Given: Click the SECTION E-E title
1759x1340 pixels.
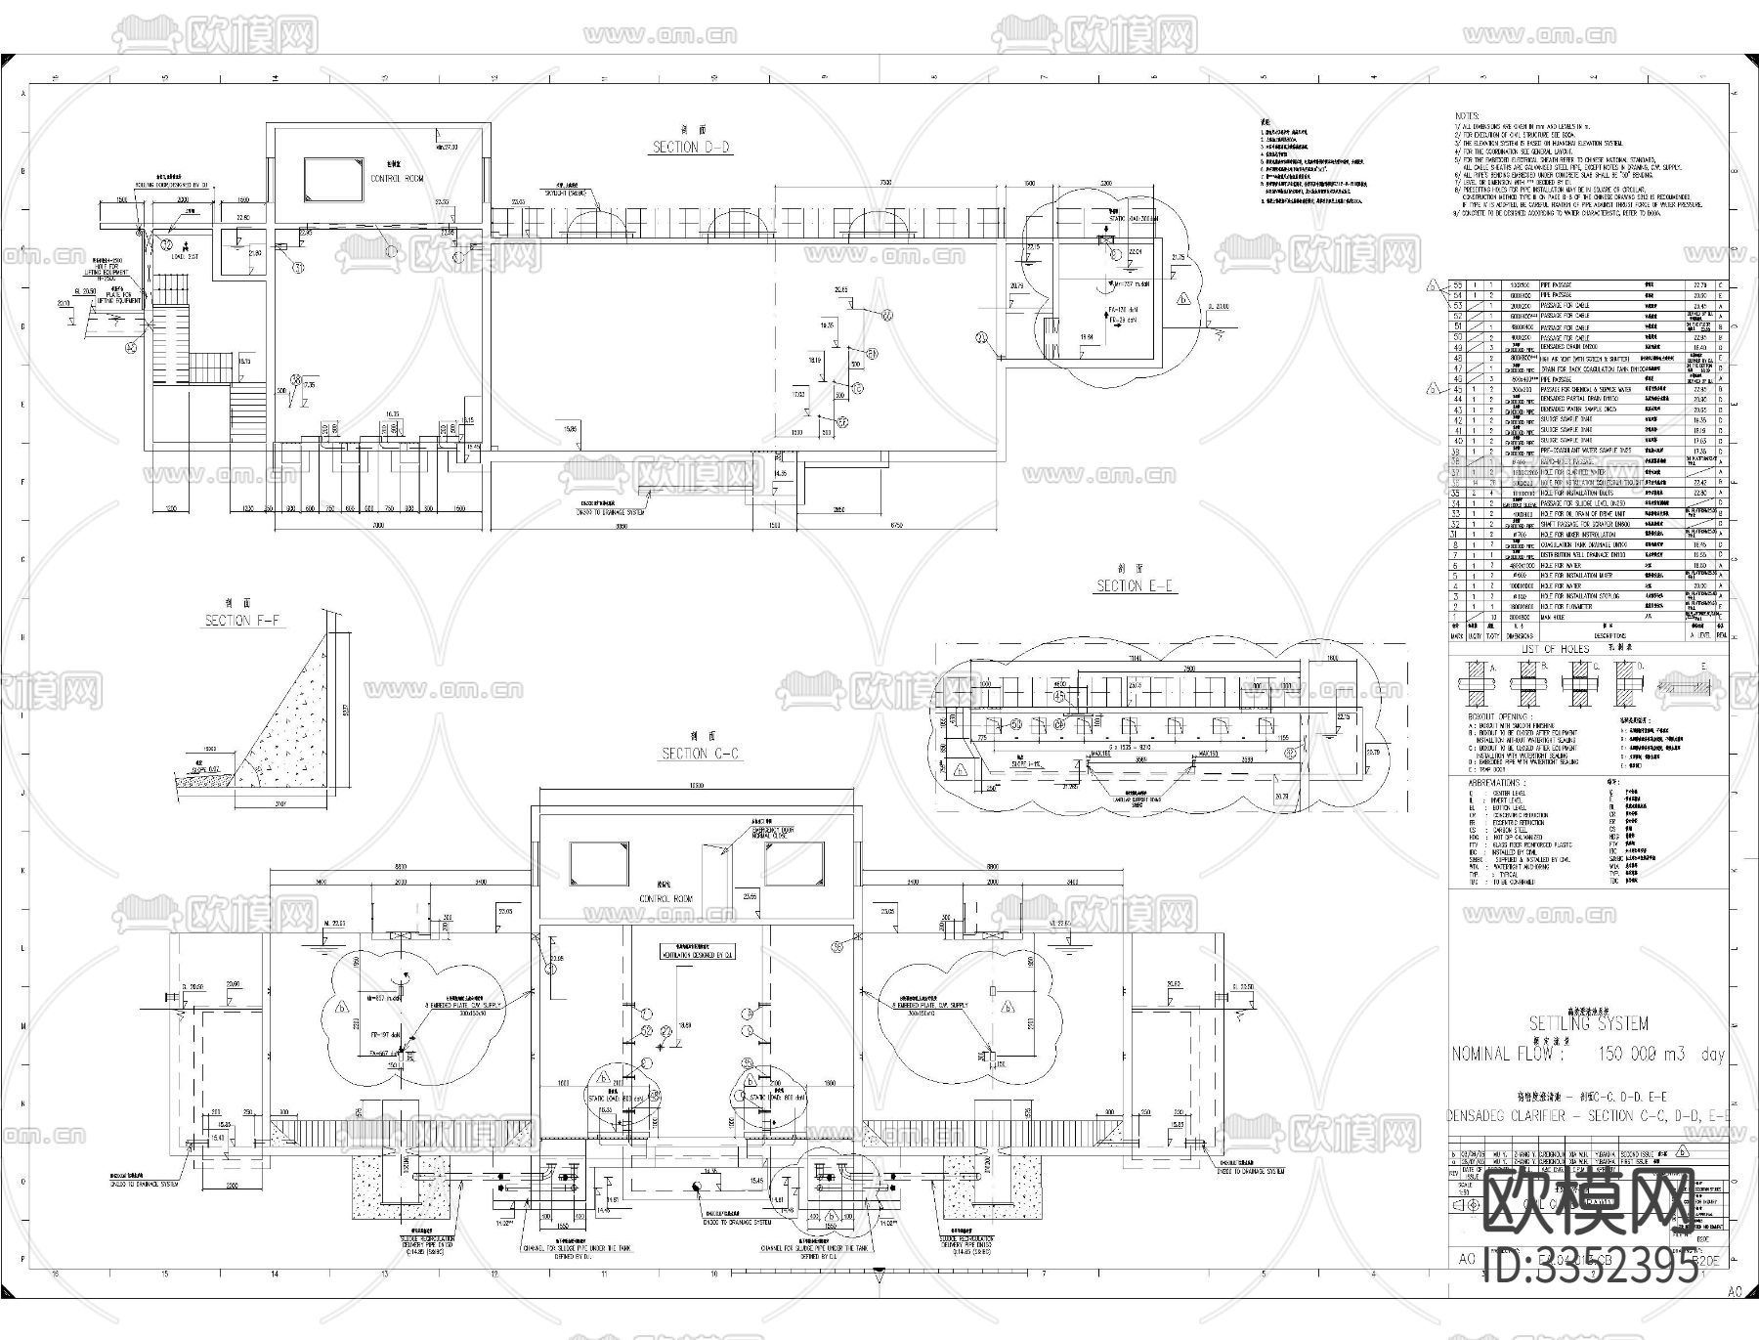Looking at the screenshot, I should tap(1134, 586).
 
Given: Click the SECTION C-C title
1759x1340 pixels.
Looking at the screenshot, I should tap(701, 754).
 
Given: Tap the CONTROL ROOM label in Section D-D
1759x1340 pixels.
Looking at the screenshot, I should tap(397, 179).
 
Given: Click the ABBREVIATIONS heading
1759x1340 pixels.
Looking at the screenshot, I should tap(1494, 783).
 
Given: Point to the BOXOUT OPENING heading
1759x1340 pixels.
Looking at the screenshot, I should tap(1499, 716).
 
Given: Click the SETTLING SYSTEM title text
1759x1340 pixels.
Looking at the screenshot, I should tap(1588, 1023).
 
